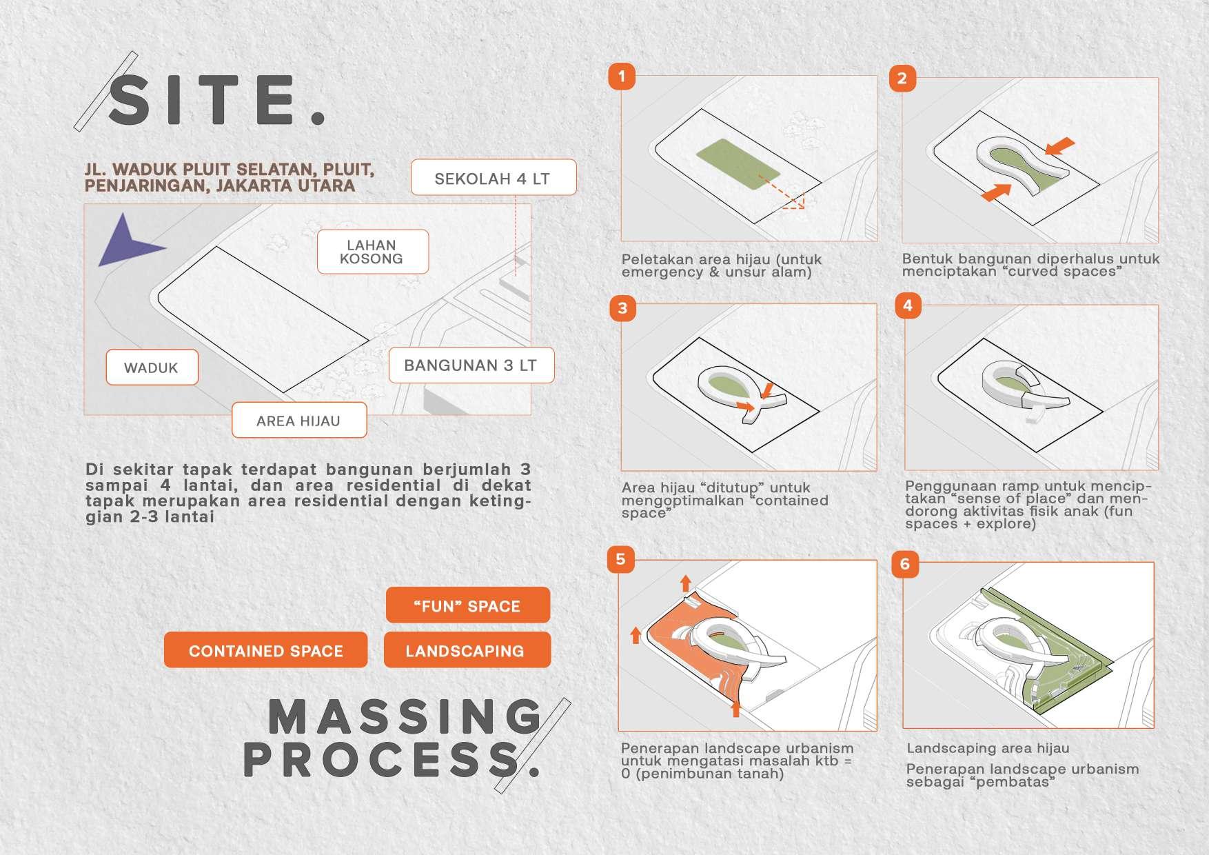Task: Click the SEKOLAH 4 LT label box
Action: [x=494, y=178]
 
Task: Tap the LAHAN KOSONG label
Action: [x=372, y=252]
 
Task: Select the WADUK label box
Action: [x=152, y=368]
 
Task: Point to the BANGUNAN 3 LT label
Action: [x=471, y=365]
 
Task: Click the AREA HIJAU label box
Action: [x=299, y=421]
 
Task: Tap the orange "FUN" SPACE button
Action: [x=467, y=605]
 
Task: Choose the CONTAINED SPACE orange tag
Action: [x=265, y=650]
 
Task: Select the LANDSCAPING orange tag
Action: [x=467, y=650]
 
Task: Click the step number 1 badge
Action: [x=622, y=76]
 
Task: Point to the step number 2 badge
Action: [x=902, y=78]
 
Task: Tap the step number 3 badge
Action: [x=622, y=308]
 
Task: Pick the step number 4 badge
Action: [x=907, y=305]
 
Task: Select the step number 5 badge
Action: [x=620, y=559]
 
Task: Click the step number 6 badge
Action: [x=905, y=563]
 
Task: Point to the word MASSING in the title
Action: [x=405, y=717]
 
